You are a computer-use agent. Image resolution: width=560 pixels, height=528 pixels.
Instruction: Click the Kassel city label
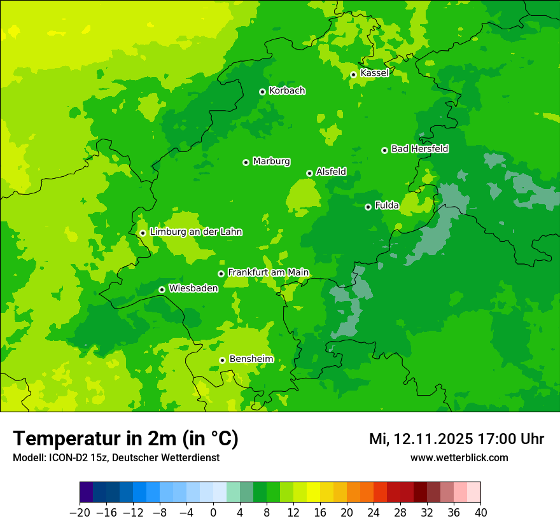tap(374, 73)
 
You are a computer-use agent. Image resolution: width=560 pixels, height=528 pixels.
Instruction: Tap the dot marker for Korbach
tap(262, 92)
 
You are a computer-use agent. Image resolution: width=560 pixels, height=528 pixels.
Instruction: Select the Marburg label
tap(271, 162)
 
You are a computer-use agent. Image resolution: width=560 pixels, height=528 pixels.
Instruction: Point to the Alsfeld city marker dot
tap(309, 173)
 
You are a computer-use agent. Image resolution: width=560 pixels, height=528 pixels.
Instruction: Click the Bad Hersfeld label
tap(419, 149)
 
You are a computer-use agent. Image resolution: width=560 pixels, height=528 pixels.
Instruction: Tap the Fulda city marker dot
tap(368, 207)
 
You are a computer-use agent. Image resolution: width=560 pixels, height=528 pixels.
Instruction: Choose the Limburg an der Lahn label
tap(196, 232)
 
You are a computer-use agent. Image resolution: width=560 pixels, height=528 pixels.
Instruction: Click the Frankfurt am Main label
tap(268, 272)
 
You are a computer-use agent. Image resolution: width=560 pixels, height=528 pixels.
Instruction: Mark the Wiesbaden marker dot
tap(162, 289)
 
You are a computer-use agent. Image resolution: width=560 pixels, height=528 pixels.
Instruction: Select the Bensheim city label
tap(251, 359)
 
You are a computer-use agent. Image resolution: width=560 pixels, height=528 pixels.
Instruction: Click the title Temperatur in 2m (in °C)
tap(125, 438)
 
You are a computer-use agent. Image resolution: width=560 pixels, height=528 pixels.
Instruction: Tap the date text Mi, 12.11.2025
tap(421, 439)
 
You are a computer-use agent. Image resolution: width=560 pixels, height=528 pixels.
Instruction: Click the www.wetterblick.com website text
tap(459, 457)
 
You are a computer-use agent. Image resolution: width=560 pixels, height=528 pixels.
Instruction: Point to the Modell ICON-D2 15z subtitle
tap(116, 457)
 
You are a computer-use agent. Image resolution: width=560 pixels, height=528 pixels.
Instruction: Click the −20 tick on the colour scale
tap(80, 513)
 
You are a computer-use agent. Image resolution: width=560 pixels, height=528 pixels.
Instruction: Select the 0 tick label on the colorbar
tap(213, 513)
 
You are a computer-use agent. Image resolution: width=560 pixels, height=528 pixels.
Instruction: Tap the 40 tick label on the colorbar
tap(480, 513)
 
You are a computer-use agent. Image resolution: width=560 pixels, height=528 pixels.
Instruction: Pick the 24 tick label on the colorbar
tap(374, 513)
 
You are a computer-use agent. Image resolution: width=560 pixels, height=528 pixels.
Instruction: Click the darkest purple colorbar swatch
tap(87, 492)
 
